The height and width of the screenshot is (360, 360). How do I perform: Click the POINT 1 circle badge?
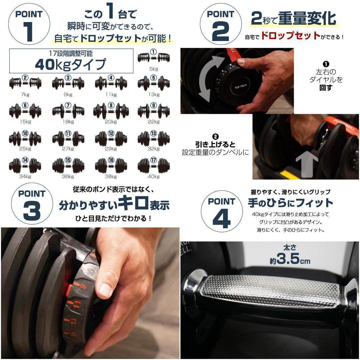(x=30, y=24)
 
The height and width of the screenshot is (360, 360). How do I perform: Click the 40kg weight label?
(x=154, y=177)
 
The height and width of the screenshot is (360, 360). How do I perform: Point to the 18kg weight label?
(x=68, y=122)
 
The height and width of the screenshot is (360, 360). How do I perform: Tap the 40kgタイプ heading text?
(x=71, y=64)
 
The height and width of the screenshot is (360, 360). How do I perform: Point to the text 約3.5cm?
(x=290, y=260)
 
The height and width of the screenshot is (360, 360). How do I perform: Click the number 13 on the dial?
(x=73, y=321)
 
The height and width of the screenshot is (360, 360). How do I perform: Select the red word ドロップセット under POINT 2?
(x=290, y=36)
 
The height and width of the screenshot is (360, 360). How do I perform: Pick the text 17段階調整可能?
(x=70, y=52)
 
